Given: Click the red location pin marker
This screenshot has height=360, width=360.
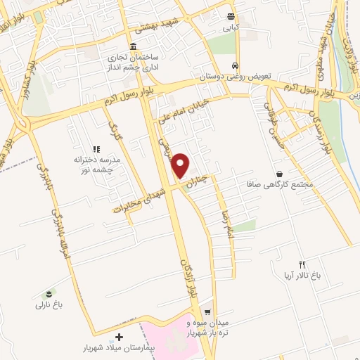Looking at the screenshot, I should click(x=181, y=165).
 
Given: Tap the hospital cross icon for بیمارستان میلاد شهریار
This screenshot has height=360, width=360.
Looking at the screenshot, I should click(x=119, y=338).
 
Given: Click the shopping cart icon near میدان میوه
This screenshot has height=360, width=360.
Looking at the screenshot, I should click(x=207, y=311).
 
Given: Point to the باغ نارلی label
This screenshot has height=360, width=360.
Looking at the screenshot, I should click(x=50, y=305).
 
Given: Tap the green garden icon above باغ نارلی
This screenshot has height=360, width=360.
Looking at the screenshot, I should click(x=49, y=292).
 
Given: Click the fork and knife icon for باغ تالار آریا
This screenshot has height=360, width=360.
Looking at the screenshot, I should click(x=303, y=264).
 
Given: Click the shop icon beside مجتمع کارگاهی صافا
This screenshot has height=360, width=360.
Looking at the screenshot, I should click(x=280, y=174).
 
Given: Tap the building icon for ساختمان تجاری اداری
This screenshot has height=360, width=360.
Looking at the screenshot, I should click(x=134, y=46).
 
